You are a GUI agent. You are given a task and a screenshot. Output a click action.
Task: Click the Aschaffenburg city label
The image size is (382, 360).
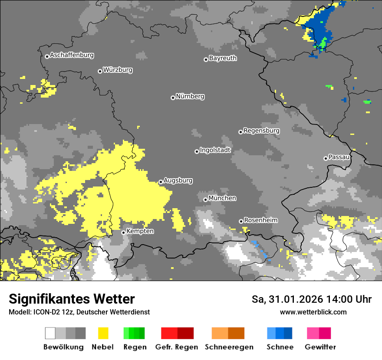coord(72,56)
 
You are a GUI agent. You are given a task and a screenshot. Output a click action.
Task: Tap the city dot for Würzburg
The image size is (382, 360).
coord(100,71)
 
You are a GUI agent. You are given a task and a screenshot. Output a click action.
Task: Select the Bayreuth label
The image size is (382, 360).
coord(223,58)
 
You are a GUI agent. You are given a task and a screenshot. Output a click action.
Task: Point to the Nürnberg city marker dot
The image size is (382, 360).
coord(173,98)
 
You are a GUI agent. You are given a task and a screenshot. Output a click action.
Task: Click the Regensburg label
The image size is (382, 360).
coord(261,131)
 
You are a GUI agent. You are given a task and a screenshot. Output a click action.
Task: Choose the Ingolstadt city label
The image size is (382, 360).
coord(215,150)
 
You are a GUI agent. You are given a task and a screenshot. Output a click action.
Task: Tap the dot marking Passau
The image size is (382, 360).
coord(326,158)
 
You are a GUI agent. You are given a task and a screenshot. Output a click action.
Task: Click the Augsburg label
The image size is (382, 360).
coord(178,180)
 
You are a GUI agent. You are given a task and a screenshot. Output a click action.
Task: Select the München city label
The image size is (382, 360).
coord(222,198)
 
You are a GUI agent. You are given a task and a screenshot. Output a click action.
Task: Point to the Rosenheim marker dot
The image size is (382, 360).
coord(241,222)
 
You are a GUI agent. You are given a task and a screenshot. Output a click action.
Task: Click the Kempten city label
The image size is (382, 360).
coord(140,231)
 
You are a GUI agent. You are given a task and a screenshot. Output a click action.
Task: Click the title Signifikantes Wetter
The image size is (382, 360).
coord(72,299)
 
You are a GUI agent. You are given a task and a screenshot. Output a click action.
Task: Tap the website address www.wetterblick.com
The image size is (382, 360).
coord(313,312)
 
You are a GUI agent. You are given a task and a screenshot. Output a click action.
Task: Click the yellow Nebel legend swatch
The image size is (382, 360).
coord(103,333)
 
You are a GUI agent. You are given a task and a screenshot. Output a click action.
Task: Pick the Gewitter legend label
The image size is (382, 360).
coord(320,347)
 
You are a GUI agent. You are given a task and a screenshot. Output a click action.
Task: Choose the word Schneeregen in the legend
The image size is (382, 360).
coord(229,347)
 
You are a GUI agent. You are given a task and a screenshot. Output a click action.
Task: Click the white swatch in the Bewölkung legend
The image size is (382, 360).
coord(50,333)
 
